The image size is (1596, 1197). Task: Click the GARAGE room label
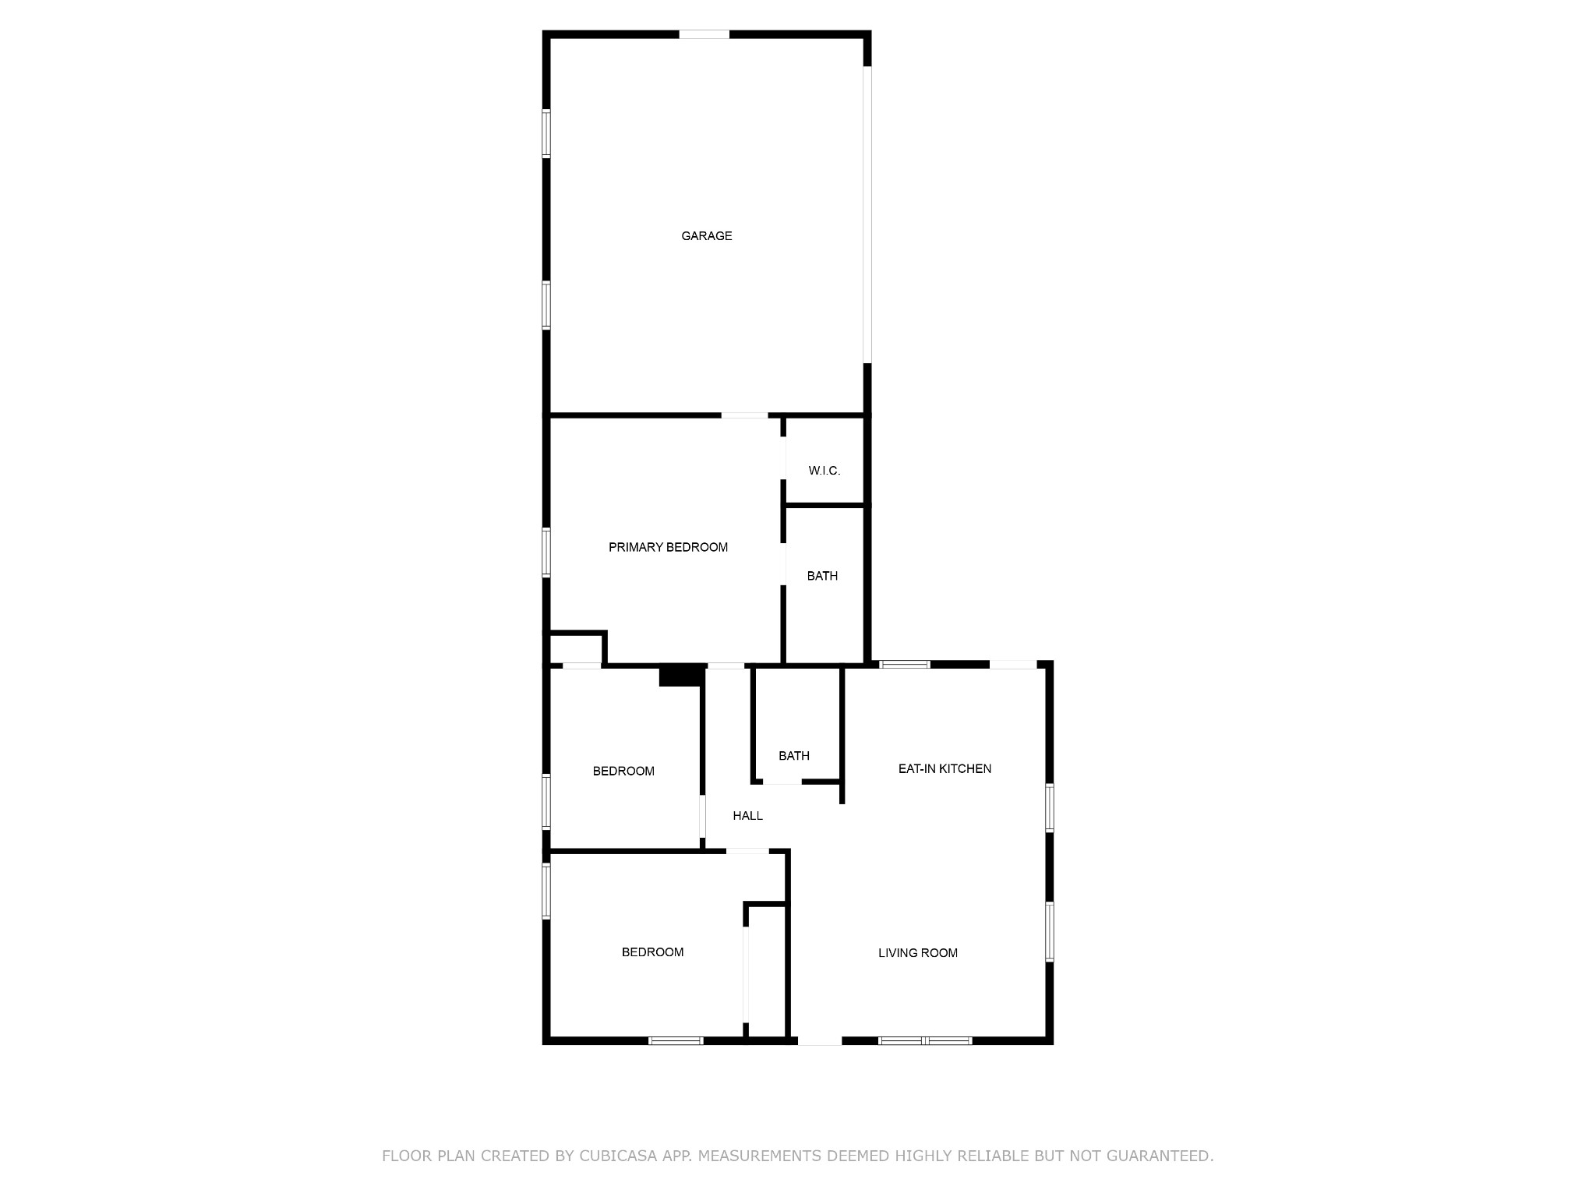(x=706, y=236)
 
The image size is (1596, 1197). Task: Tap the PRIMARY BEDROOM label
(x=668, y=548)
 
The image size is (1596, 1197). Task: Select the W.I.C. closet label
(x=824, y=471)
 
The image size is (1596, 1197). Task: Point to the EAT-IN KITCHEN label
(x=945, y=769)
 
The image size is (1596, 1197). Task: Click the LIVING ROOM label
(x=917, y=953)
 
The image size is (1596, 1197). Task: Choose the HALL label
(x=747, y=816)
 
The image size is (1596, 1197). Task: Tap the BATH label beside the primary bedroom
(x=822, y=577)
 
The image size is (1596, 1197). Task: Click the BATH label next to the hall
(x=793, y=756)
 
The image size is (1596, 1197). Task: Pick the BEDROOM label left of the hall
(x=623, y=772)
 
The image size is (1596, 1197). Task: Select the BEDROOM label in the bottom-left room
(x=652, y=952)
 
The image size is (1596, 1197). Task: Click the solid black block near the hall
(x=681, y=675)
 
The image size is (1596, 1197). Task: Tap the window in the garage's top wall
(x=704, y=34)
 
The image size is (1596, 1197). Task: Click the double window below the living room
(x=925, y=1040)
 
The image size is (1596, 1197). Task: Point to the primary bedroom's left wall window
(x=546, y=553)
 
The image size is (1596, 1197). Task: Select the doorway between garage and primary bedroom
(x=744, y=415)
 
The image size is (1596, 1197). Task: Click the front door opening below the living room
(x=820, y=1040)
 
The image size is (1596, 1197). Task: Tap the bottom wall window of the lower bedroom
(x=676, y=1040)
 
